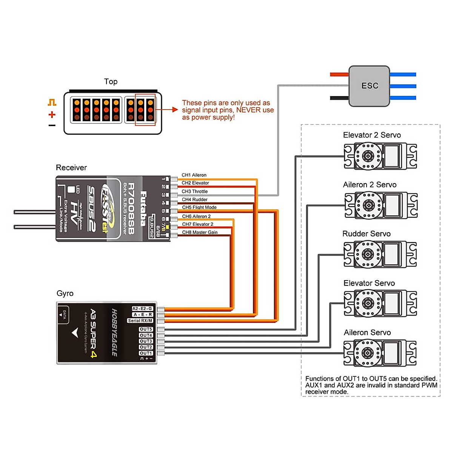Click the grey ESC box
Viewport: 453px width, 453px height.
[x=369, y=86]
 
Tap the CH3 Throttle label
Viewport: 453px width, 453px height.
[x=195, y=191]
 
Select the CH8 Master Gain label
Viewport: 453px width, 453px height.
[x=200, y=233]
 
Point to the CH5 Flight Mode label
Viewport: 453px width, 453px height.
[x=199, y=207]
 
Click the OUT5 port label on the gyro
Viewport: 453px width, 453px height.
[x=146, y=329]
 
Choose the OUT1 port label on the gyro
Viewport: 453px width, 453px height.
[x=146, y=353]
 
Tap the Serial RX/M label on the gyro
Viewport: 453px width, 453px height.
[x=140, y=320]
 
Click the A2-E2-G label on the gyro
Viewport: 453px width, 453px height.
[x=142, y=308]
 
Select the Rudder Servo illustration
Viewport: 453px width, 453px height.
[x=380, y=254]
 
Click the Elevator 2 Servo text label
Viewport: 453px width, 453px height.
[x=372, y=135]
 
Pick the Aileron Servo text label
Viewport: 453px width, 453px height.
[x=367, y=333]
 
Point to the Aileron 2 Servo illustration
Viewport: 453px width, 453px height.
[x=381, y=205]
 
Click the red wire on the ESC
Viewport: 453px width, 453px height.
[x=339, y=74]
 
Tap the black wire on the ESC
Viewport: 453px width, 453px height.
[x=339, y=98]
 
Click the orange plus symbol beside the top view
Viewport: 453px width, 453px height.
[x=52, y=114]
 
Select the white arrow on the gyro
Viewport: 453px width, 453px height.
[x=75, y=333]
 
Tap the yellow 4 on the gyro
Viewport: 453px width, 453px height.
[x=93, y=354]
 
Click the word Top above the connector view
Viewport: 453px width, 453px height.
[x=111, y=82]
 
